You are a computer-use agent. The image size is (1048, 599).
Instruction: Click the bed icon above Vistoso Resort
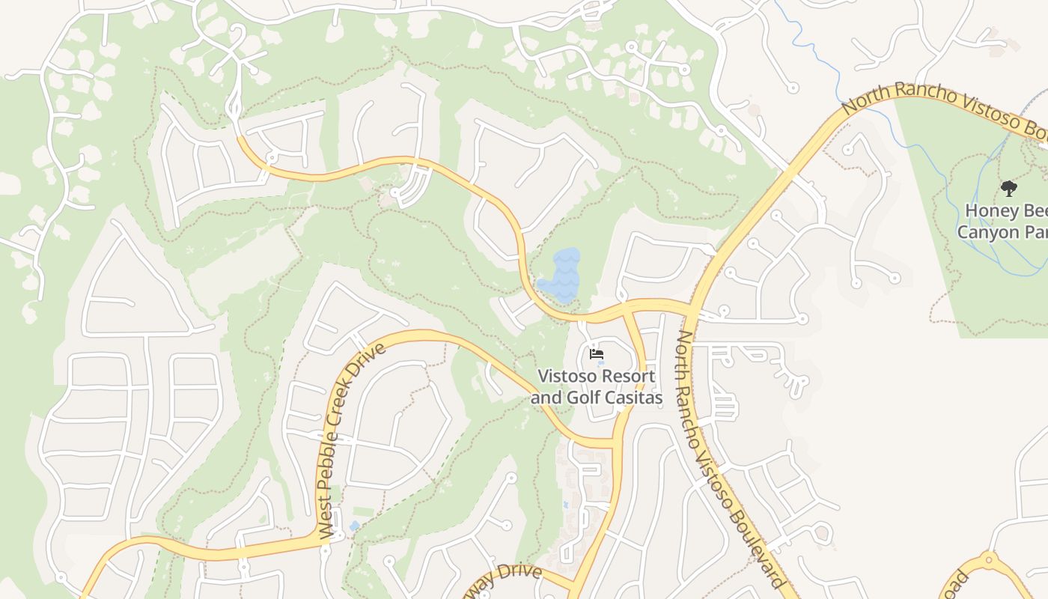point(596,353)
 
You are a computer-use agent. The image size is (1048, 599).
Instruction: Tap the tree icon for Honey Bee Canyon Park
point(1008,188)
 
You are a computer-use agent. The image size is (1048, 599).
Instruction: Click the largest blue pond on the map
point(561,275)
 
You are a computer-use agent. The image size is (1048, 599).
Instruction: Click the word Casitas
point(632,398)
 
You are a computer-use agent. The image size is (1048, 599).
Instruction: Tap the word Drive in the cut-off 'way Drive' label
point(521,574)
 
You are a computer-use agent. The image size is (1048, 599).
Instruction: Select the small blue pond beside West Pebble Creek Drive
point(353,526)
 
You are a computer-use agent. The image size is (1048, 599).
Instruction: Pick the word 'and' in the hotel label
point(546,398)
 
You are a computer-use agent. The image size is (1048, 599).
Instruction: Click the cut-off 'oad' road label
point(956,585)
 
